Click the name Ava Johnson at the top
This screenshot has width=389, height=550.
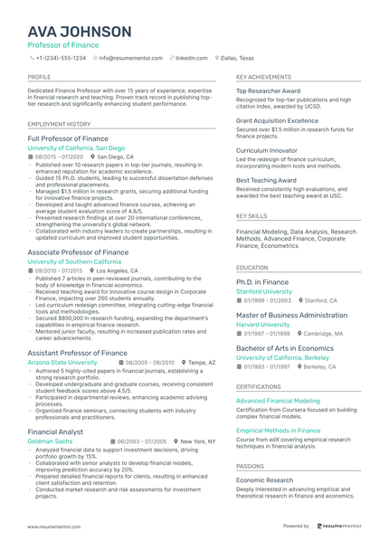pyautogui.click(x=79, y=33)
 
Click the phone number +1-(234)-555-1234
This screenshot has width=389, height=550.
pyautogui.click(x=61, y=57)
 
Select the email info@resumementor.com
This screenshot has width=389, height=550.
pyautogui.click(x=131, y=57)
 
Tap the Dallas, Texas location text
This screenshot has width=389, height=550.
pyautogui.click(x=238, y=57)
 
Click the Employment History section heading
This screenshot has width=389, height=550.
pyautogui.click(x=59, y=124)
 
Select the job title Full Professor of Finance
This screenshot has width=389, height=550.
pyautogui.click(x=69, y=138)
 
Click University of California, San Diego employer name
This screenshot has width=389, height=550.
pyautogui.click(x=76, y=147)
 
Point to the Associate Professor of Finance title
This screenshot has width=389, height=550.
pyautogui.click(x=78, y=252)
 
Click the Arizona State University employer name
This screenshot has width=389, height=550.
pyautogui.click(x=63, y=362)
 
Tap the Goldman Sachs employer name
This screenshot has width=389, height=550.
pyautogui.click(x=50, y=441)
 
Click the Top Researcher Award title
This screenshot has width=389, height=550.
pyautogui.click(x=269, y=91)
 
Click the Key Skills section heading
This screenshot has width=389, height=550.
pyautogui.click(x=251, y=217)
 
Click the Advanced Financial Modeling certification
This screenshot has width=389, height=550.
pyautogui.click(x=278, y=400)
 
